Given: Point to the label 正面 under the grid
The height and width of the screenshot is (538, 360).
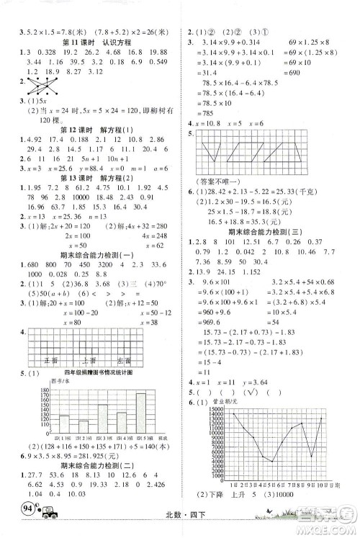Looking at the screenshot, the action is point(52,357).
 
